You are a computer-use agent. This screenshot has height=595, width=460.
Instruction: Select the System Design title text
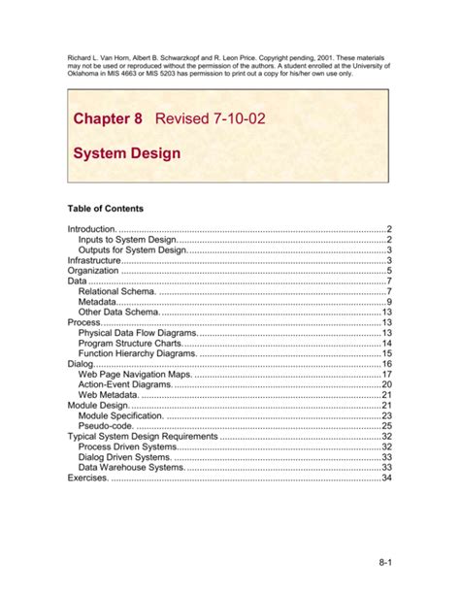pos(126,153)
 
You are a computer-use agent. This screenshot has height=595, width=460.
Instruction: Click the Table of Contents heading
pos(105,208)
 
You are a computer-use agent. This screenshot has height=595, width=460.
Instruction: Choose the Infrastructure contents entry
pos(95,261)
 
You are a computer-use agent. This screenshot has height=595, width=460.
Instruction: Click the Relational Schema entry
pos(116,291)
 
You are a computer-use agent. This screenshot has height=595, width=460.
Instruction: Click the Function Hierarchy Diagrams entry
pos(138,354)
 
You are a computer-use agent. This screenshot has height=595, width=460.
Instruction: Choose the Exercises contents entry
pos(89,478)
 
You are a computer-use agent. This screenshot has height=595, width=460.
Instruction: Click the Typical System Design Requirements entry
pos(144,437)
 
